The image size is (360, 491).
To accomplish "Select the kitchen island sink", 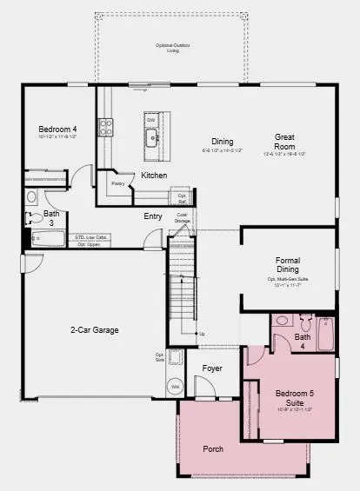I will [x=151, y=136].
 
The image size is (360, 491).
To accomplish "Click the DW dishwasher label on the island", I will [x=150, y=120].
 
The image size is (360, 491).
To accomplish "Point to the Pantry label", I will [x=117, y=183].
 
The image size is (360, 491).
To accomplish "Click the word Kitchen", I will [x=154, y=176].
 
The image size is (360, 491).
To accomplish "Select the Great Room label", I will [x=287, y=143].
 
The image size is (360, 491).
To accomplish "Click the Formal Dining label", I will [x=287, y=264].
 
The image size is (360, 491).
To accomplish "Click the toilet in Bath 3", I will [x=31, y=197].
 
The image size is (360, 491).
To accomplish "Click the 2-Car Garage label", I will [x=94, y=329].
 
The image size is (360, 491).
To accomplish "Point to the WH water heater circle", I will [x=175, y=386].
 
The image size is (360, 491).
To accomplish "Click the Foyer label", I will [x=212, y=368].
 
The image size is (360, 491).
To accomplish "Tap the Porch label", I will [x=213, y=449].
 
